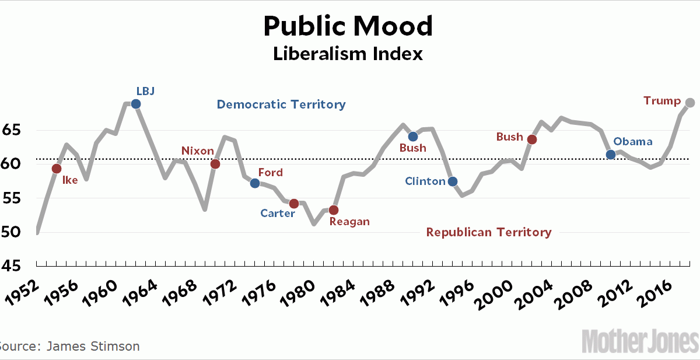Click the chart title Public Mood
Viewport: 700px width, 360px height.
(x=348, y=26)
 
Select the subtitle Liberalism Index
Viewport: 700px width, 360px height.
(x=348, y=54)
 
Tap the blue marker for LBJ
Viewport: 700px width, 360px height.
(x=136, y=104)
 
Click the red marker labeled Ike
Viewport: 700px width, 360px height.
(x=57, y=169)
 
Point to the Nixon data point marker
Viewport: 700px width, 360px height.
(x=215, y=164)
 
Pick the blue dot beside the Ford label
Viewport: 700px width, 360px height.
(x=255, y=183)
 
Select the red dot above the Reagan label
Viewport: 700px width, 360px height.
(x=334, y=210)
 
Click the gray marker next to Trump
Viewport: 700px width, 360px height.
(x=690, y=103)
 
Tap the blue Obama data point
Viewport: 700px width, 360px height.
(x=611, y=155)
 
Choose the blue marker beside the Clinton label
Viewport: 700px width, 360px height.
(x=453, y=181)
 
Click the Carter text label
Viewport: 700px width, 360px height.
(x=278, y=214)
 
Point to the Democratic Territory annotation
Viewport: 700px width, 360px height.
(x=281, y=104)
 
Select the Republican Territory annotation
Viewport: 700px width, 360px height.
(x=489, y=232)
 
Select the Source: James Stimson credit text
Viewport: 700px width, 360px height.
(x=69, y=347)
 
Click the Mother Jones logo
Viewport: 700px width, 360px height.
(x=640, y=340)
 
